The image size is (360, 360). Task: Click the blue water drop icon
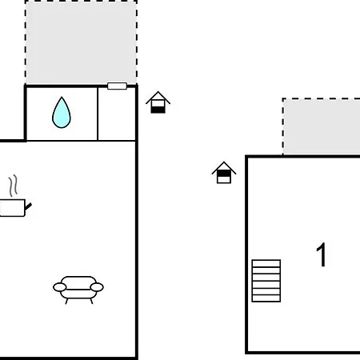(x=62, y=113)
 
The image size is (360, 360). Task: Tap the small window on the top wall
(x=117, y=86)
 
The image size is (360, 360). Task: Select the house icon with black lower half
(x=158, y=102)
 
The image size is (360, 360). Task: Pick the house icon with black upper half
(x=224, y=173)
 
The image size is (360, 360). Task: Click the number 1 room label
(x=322, y=254)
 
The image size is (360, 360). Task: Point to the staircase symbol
(x=266, y=281)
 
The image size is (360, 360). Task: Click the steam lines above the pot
(x=14, y=186)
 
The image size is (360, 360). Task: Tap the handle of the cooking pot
(x=28, y=206)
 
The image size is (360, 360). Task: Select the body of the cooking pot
(x=12, y=208)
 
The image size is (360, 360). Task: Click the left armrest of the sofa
(x=60, y=287)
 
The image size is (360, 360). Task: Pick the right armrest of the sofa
(x=97, y=287)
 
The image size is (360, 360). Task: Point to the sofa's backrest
(x=78, y=282)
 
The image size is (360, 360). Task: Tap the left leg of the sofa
(x=66, y=302)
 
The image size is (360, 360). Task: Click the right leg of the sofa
(x=91, y=302)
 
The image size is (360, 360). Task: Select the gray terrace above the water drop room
(x=81, y=42)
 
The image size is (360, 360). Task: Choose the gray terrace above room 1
(x=322, y=126)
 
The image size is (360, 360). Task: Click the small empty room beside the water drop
(x=117, y=114)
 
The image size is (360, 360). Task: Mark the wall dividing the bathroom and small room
(x=98, y=114)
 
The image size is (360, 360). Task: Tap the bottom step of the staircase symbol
(x=266, y=298)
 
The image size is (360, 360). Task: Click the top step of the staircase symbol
(x=266, y=263)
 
